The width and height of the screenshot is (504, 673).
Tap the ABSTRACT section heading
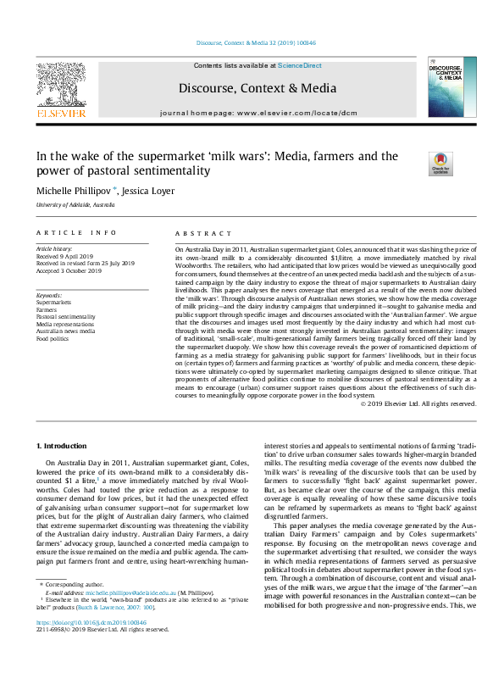pyautogui.click(x=202, y=232)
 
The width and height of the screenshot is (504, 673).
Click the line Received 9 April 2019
pyautogui.click(x=67, y=257)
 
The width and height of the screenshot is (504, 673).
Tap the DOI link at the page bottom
pyautogui.click(x=93, y=645)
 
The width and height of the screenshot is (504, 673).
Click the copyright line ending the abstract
pyautogui.click(x=418, y=403)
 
